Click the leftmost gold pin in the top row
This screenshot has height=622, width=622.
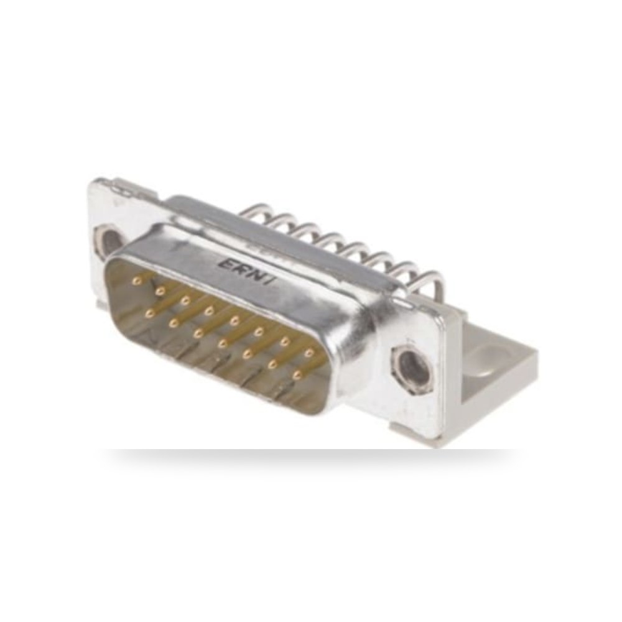click(x=137, y=281)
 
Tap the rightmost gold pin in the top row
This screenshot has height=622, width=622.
click(x=309, y=352)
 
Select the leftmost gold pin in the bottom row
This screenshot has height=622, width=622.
click(x=149, y=314)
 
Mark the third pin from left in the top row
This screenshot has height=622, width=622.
click(x=185, y=301)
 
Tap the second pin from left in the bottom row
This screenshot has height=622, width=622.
click(x=173, y=323)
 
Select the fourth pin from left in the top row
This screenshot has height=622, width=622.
click(x=209, y=311)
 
